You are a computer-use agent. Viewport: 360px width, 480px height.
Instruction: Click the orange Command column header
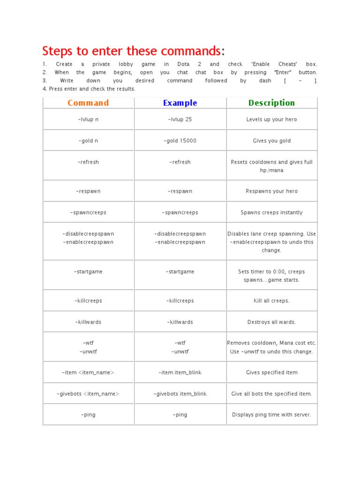point(88,103)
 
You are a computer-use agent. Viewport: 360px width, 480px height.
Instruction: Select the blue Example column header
point(180,103)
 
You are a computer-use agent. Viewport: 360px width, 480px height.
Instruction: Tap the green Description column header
point(271,103)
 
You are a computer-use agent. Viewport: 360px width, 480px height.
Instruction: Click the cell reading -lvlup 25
point(180,120)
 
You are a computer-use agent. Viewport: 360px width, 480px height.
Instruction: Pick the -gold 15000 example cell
point(180,141)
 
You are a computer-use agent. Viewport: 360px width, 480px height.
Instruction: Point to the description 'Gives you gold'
point(271,141)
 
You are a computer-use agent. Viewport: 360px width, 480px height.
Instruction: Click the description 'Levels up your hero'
point(271,120)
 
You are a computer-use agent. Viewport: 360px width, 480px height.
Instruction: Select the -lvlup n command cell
point(88,120)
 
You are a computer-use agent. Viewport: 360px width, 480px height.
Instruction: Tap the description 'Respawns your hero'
point(271,191)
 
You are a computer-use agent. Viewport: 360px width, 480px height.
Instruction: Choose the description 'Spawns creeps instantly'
point(271,212)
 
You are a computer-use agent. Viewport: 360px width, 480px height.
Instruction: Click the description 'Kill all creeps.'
point(271,300)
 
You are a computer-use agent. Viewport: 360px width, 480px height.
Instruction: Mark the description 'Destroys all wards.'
point(271,322)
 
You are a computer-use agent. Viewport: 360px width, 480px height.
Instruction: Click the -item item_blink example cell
point(180,373)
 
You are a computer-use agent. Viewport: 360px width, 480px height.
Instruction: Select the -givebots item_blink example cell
point(180,394)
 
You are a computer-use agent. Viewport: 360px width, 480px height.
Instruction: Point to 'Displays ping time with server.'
point(271,414)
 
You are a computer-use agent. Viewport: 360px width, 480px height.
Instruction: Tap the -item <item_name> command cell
point(88,373)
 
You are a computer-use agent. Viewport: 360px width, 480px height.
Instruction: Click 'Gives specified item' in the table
point(271,373)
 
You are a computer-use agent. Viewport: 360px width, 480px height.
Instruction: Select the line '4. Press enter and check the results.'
point(89,89)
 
